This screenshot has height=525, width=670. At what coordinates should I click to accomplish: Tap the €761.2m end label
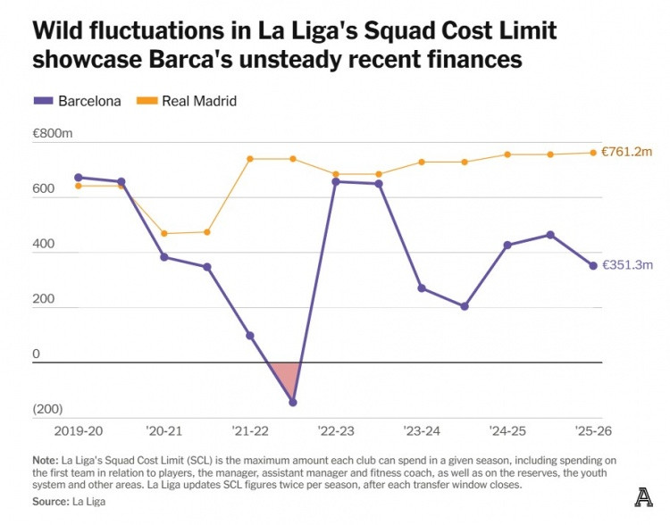[x=629, y=153]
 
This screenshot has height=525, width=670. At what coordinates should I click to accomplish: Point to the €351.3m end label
[x=629, y=265]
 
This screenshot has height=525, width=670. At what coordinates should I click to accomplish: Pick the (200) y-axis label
[x=47, y=410]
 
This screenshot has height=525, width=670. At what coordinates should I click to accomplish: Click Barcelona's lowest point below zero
[x=293, y=403]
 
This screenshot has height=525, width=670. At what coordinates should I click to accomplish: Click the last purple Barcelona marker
[x=593, y=265]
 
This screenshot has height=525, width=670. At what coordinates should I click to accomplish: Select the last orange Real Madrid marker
[x=593, y=153]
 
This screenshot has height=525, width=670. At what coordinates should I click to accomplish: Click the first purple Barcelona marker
[x=79, y=178]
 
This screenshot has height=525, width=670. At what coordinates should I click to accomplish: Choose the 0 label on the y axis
[x=37, y=354]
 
